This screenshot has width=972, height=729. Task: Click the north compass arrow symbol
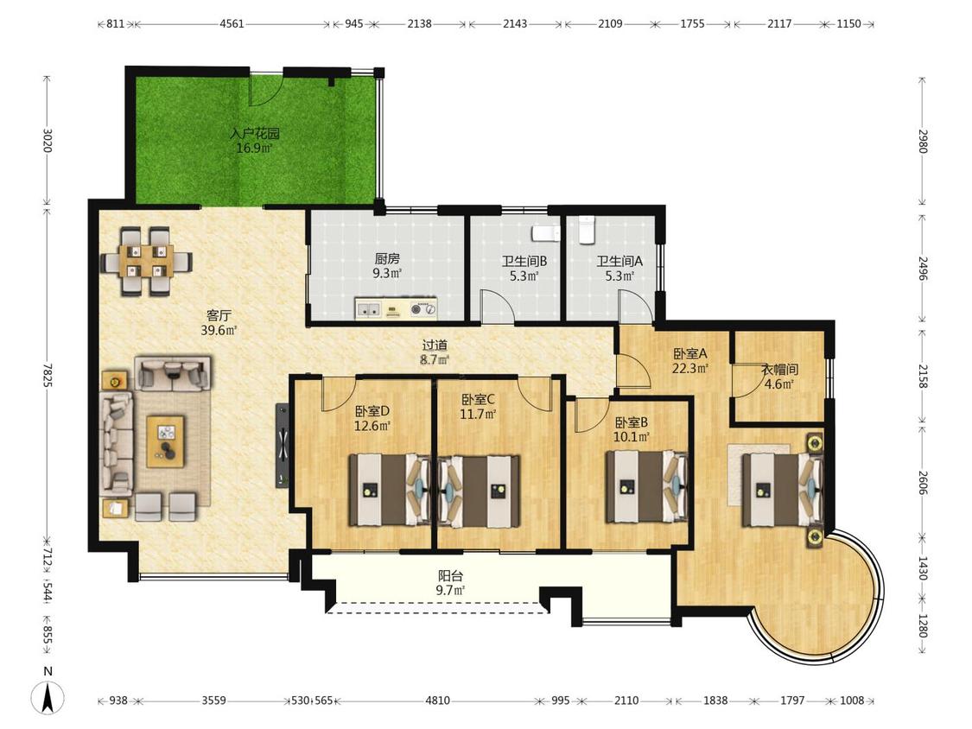coord(48,697)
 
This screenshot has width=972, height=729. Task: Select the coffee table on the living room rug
coord(166,441)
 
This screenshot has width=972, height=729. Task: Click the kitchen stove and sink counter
coord(396,308)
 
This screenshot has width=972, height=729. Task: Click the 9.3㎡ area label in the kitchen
coord(387,273)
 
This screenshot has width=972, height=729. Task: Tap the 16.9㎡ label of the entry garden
coord(254,149)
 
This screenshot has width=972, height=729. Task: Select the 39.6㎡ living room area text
coord(219,331)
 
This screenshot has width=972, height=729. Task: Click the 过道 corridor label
coord(435,345)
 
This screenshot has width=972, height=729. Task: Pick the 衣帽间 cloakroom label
coord(779,370)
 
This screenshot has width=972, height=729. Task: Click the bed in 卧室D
coord(390,490)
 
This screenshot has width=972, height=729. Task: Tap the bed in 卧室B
coord(646,486)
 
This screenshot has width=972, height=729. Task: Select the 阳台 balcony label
coord(451,576)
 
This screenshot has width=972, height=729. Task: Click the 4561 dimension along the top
coord(232,24)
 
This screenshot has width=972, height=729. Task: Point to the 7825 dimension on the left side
coord(48,374)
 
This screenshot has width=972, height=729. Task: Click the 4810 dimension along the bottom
coord(438,700)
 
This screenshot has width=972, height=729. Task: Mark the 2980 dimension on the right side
coord(923,142)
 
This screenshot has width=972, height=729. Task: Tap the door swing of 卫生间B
coord(497,307)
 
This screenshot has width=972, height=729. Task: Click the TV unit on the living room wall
coord(282,445)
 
